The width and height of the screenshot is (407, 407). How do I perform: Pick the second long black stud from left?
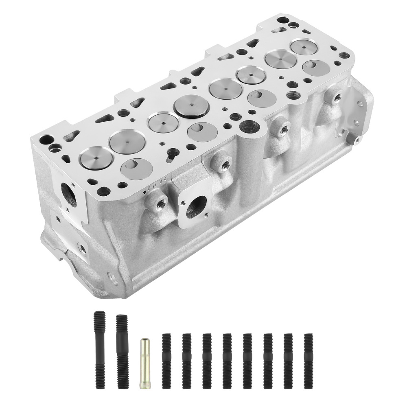point(122,350)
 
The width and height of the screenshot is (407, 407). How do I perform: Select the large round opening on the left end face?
point(69,195)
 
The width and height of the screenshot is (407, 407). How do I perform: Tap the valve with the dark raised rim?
point(191,105)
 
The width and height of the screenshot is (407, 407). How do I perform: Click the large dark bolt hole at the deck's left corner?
point(46,140)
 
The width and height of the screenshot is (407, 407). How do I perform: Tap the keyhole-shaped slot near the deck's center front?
point(173,153)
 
